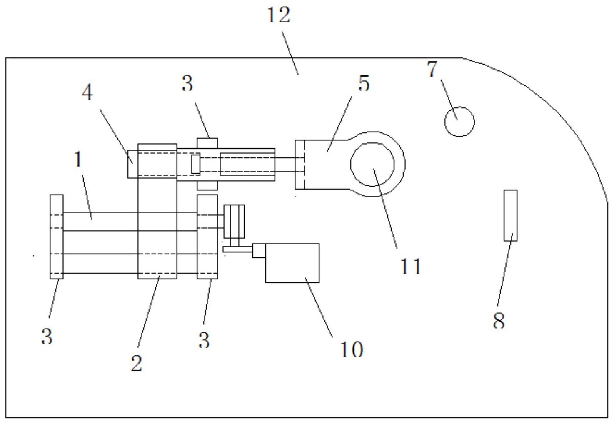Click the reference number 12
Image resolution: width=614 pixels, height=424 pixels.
279,15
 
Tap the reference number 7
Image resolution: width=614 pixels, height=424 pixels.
432,69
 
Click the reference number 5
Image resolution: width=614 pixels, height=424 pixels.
364,83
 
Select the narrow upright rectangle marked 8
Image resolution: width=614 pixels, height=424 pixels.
511,215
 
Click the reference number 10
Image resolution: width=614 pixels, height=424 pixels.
352,349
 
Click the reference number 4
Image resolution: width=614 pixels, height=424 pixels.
87,92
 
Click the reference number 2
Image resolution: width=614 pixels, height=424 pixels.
137,363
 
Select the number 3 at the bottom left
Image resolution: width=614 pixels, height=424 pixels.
47,336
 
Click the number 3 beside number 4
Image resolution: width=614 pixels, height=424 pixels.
187,83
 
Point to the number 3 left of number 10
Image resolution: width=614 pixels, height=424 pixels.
204,340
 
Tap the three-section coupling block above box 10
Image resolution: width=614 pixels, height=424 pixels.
234,221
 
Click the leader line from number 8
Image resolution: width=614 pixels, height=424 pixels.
505,269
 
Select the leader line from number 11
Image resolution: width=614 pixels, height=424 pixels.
385,209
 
